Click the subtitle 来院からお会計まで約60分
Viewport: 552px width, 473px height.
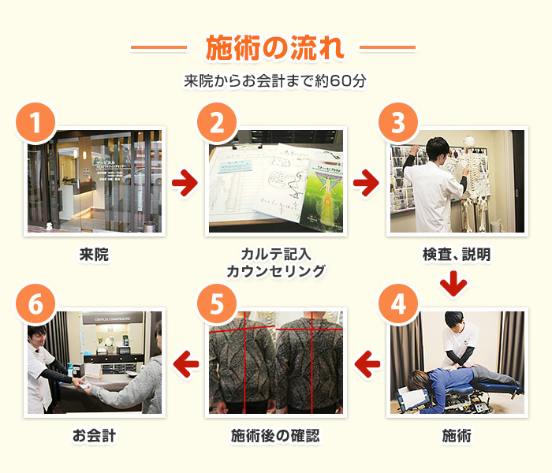coord(274,80)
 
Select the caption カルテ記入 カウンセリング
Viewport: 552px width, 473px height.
coord(275,263)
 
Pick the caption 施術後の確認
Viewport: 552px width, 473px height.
coord(275,434)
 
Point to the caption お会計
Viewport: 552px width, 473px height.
coord(94,434)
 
